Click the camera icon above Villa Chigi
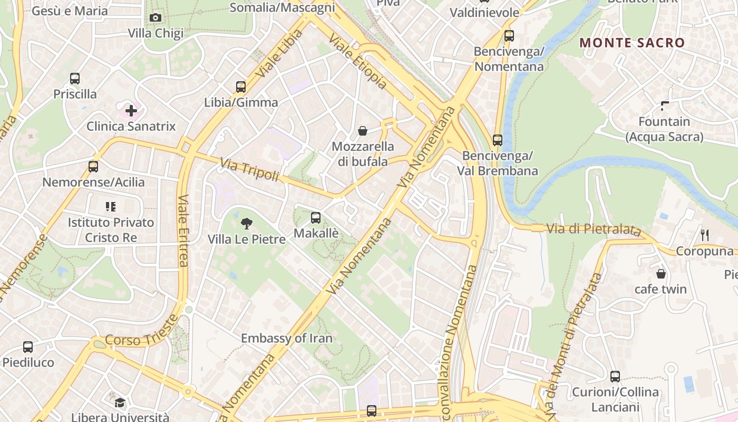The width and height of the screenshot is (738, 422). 156,18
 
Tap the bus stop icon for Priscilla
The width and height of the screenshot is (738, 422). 75,79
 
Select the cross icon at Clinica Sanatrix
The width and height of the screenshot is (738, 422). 131,111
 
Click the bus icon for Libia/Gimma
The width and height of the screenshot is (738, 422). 241,87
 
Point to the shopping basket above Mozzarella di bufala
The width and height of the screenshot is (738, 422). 363,130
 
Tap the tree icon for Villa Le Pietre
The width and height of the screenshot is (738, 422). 246,224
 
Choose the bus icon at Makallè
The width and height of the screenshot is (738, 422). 316,217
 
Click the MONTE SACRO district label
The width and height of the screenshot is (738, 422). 632,43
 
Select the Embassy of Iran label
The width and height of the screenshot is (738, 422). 287,338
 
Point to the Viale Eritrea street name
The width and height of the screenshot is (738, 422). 183,231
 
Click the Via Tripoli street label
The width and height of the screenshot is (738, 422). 249,170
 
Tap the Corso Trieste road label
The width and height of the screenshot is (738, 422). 141,332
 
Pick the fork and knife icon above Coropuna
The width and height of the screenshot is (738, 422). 704,235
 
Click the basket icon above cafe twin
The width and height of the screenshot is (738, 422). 661,274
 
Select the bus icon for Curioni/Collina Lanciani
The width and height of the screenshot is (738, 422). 615,377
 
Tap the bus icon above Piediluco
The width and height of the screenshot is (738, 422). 28,347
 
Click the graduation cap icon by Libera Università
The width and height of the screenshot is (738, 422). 120,403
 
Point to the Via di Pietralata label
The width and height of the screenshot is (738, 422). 594,229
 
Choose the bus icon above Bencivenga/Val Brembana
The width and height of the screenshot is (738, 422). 498,140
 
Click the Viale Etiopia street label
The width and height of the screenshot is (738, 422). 358,62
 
